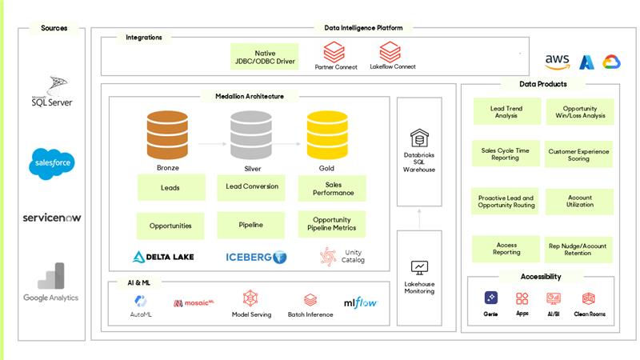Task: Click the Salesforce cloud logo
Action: click(52, 163)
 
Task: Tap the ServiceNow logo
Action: click(52, 218)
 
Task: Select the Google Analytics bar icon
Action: click(51, 275)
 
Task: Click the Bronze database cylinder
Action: click(167, 134)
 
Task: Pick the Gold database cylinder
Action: click(327, 134)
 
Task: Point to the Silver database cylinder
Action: click(251, 134)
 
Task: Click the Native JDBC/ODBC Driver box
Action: click(265, 57)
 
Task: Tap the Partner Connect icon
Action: click(334, 52)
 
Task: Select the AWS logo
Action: click(557, 62)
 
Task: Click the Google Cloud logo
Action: click(611, 62)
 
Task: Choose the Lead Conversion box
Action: click(251, 187)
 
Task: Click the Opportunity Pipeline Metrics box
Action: click(332, 224)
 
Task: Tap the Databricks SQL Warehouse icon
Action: click(419, 138)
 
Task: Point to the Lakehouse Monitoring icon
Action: click(419, 268)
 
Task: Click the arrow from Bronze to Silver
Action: click(212, 144)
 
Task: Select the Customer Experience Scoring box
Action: click(578, 154)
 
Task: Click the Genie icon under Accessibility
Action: click(491, 298)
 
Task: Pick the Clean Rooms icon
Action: click(588, 298)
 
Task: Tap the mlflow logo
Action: click(361, 303)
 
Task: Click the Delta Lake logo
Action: click(163, 257)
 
